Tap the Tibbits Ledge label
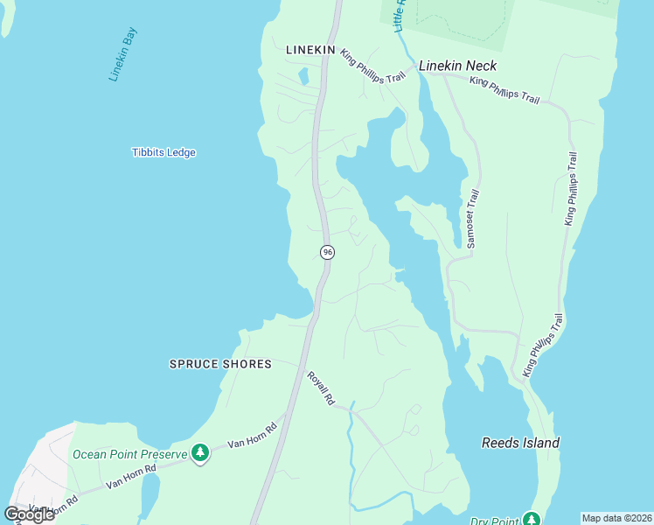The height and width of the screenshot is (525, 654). click(x=163, y=152)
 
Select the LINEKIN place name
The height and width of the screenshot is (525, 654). click(x=310, y=51)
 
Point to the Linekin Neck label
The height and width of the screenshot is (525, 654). click(x=457, y=66)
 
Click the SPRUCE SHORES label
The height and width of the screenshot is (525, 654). click(x=220, y=364)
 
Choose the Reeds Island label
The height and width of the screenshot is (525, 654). click(x=520, y=443)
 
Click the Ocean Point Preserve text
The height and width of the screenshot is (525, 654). click(x=129, y=454)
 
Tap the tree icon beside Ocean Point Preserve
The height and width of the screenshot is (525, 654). click(x=201, y=453)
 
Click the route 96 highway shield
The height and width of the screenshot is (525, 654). click(x=327, y=252)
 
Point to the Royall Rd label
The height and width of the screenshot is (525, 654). click(x=320, y=388)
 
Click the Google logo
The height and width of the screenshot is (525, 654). click(x=30, y=514)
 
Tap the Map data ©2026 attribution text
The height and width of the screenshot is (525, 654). click(x=616, y=518)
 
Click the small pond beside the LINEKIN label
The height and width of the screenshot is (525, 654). click(x=303, y=76)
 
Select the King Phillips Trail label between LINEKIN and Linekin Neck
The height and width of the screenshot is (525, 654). click(x=373, y=66)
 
